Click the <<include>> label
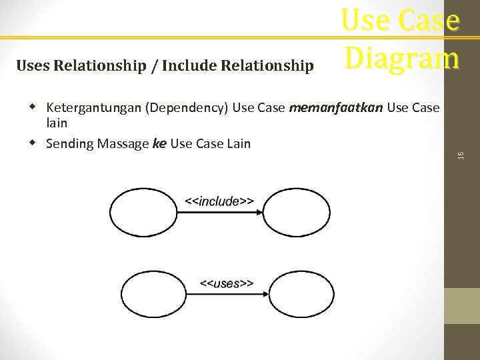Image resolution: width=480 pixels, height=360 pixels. pyautogui.click(x=219, y=201)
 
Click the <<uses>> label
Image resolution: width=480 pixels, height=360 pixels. pyautogui.click(x=227, y=283)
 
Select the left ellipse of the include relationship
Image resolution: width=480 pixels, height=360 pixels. pyautogui.click(x=137, y=213)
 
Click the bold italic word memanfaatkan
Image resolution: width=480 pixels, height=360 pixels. pyautogui.click(x=325, y=108)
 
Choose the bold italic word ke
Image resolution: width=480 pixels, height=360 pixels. pyautogui.click(x=159, y=143)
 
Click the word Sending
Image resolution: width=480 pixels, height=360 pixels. pyautogui.click(x=69, y=143)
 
